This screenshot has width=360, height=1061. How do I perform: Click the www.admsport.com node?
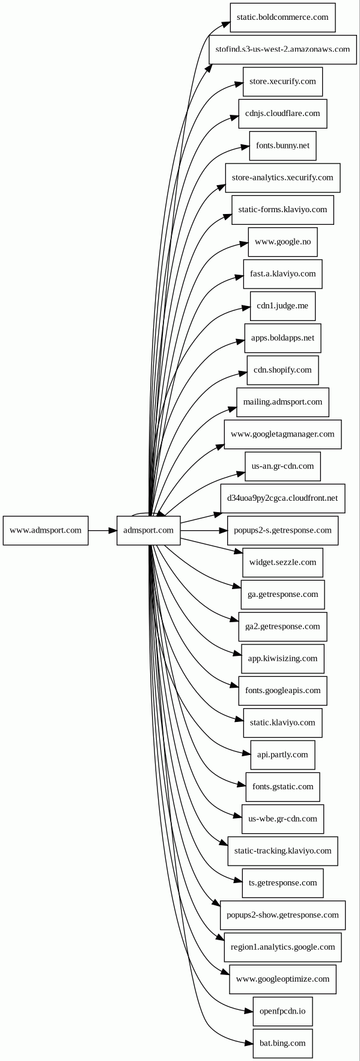tap(46, 530)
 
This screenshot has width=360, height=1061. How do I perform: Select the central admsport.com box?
tap(148, 530)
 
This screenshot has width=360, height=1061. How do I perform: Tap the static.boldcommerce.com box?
tap(282, 17)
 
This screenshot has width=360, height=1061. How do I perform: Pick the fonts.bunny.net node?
tap(282, 145)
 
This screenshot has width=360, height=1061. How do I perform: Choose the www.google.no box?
tap(282, 242)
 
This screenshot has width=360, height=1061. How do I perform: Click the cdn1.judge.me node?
tap(282, 306)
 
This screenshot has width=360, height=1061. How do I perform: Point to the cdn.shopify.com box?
tap(282, 370)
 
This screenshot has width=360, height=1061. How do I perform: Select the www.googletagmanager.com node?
tap(282, 434)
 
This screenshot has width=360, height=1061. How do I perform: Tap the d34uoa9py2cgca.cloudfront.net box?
tap(282, 498)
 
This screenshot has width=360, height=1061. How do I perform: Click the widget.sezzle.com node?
tap(282, 562)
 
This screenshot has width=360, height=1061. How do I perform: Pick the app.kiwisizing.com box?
tap(282, 658)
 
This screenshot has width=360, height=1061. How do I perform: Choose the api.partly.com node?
tap(282, 754)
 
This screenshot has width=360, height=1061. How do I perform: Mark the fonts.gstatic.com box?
tap(282, 787)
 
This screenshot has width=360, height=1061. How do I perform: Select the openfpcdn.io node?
tap(282, 1011)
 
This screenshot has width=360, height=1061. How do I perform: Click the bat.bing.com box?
tap(282, 1043)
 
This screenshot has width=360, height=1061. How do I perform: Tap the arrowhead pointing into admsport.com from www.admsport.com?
tap(112, 530)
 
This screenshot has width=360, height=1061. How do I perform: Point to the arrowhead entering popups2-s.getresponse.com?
tap(223, 530)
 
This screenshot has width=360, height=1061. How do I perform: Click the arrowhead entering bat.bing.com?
tap(249, 1042)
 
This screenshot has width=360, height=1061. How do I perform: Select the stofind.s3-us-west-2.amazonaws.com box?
tap(282, 49)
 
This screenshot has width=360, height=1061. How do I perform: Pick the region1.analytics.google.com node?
tap(282, 947)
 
